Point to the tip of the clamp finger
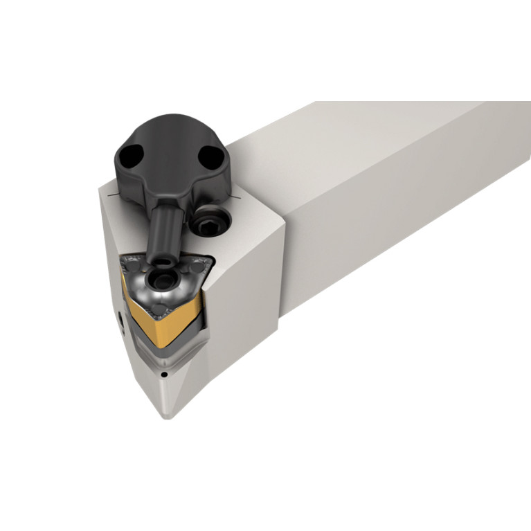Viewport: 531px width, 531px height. tap(162, 262)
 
